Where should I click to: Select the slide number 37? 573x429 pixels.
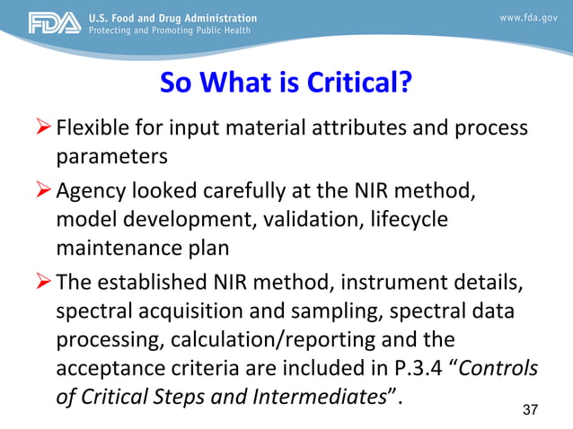pos(530,410)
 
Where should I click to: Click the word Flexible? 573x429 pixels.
pos(92,127)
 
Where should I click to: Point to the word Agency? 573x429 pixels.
pos(92,190)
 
